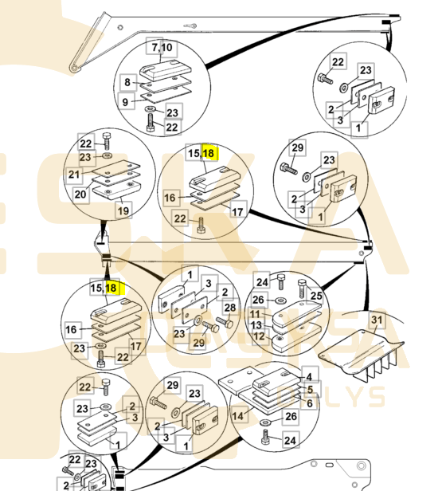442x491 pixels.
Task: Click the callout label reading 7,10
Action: click(x=162, y=48)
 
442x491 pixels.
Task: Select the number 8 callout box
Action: click(x=127, y=82)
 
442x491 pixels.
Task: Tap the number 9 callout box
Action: click(x=126, y=101)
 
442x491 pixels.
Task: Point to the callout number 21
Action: click(x=74, y=174)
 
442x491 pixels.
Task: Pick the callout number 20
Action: click(x=80, y=194)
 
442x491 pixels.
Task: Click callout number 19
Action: click(x=123, y=210)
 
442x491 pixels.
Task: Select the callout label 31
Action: click(x=377, y=320)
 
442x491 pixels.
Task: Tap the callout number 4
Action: click(x=309, y=377)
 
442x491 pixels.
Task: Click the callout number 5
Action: click(x=310, y=389)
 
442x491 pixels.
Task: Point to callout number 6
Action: click(x=309, y=403)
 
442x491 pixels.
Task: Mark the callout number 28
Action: click(x=230, y=308)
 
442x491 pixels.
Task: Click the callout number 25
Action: click(x=316, y=295)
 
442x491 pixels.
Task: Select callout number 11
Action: click(x=255, y=314)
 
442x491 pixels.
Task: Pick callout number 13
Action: click(x=256, y=325)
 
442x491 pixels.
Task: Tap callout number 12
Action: click(x=259, y=336)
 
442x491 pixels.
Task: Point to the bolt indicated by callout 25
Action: click(x=302, y=288)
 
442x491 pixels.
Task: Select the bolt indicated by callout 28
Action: click(x=225, y=323)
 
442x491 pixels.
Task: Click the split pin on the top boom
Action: click(x=190, y=26)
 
